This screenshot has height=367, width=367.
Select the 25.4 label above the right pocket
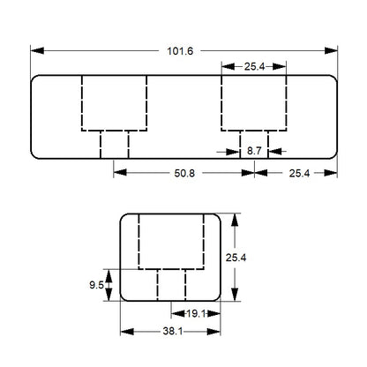tap(253, 66)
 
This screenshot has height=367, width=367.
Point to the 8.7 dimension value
tap(254, 152)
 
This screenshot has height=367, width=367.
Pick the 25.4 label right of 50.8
tap(295, 173)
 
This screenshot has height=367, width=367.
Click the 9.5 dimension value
tap(97, 284)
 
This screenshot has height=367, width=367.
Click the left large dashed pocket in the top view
tap(114, 103)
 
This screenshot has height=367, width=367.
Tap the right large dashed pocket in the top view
tap(253, 103)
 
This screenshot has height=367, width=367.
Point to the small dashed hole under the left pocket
tap(114, 144)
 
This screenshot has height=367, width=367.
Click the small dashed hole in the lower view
tap(171, 284)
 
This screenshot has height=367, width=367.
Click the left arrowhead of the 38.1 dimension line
tap(123, 332)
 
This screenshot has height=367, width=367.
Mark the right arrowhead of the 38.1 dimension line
tap(219, 332)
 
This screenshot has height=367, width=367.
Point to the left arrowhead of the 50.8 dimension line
tap(116, 173)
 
